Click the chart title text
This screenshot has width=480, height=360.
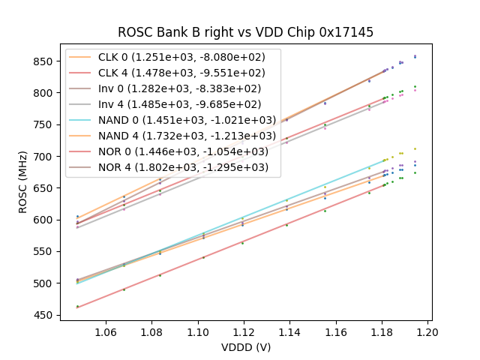click(245, 32)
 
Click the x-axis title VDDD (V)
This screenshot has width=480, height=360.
click(245, 347)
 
